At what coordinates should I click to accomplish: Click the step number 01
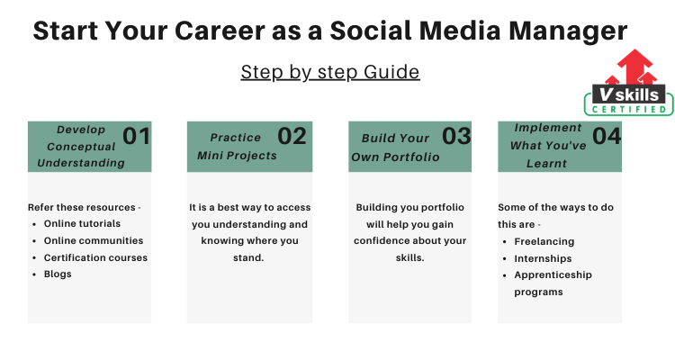click(137, 136)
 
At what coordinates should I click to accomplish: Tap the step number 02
click(292, 136)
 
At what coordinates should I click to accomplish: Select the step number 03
click(456, 136)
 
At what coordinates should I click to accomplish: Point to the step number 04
click(607, 136)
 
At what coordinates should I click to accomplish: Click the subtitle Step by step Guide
click(330, 72)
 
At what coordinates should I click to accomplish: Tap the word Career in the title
click(219, 31)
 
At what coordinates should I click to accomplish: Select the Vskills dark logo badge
click(628, 94)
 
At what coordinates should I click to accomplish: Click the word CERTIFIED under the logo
click(629, 110)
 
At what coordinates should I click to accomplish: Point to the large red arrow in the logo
click(634, 66)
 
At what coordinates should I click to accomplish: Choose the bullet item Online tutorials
click(82, 223)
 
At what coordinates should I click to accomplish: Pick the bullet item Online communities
click(94, 240)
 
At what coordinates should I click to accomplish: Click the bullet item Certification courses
click(95, 257)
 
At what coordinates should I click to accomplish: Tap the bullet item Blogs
click(58, 274)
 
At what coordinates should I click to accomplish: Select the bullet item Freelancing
click(544, 241)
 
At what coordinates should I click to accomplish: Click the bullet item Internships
click(543, 258)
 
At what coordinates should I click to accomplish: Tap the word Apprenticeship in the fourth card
click(553, 275)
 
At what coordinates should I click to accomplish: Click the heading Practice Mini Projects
click(237, 147)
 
